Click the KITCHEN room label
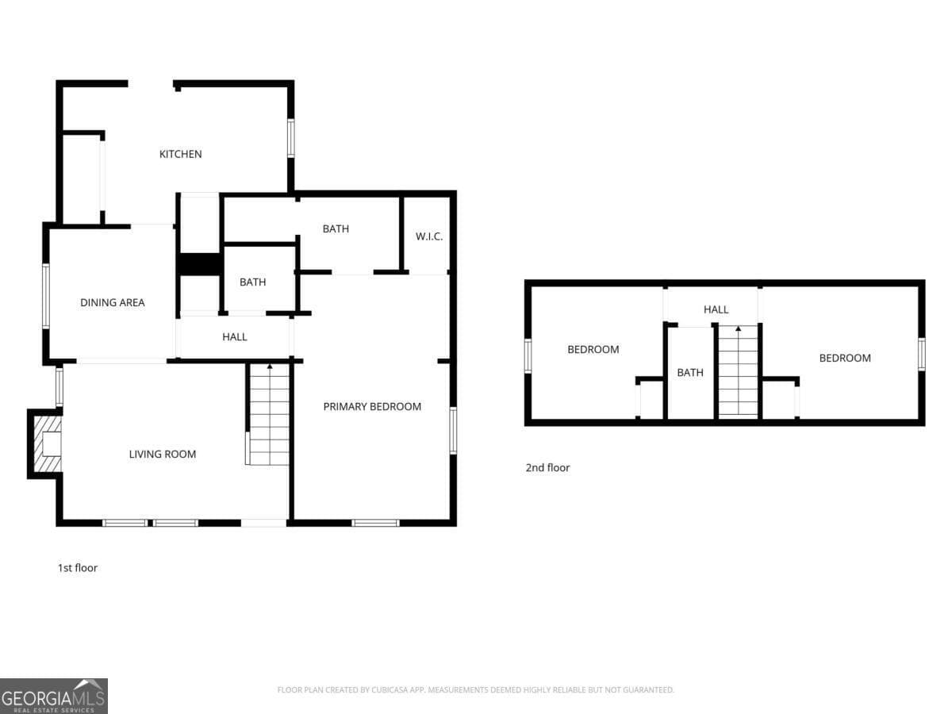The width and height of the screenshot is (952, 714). (181, 154)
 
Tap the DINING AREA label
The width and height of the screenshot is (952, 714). (113, 302)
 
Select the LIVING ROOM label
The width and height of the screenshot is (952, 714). (163, 455)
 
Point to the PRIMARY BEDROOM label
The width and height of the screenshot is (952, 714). (372, 406)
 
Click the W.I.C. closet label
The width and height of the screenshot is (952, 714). (429, 236)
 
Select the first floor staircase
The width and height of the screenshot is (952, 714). (269, 414)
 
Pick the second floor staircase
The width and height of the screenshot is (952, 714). (738, 371)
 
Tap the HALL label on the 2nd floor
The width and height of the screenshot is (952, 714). (716, 309)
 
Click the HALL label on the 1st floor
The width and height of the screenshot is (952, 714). (235, 337)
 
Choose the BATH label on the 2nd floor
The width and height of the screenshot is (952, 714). (690, 372)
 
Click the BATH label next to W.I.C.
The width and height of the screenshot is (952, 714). (336, 229)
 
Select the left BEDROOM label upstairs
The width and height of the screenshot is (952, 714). (593, 349)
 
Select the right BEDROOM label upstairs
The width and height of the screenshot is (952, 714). (845, 358)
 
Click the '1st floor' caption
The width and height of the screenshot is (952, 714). (78, 568)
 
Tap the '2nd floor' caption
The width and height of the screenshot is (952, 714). (547, 468)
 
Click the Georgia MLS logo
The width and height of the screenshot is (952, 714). (54, 696)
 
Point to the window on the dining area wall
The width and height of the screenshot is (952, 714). (46, 296)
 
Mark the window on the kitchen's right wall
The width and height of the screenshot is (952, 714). (291, 137)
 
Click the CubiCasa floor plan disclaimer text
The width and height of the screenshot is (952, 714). (476, 690)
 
